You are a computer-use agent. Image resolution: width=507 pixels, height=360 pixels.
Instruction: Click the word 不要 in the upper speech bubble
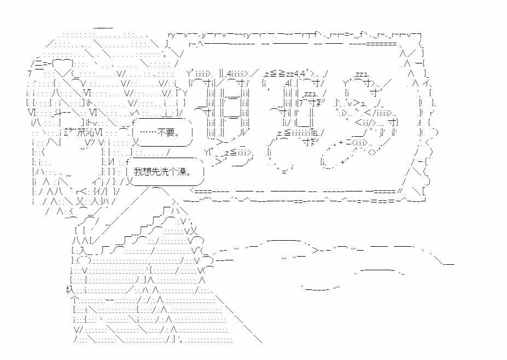tap(168, 132)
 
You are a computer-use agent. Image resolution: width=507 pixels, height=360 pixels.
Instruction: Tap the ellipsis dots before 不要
tap(149, 132)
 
